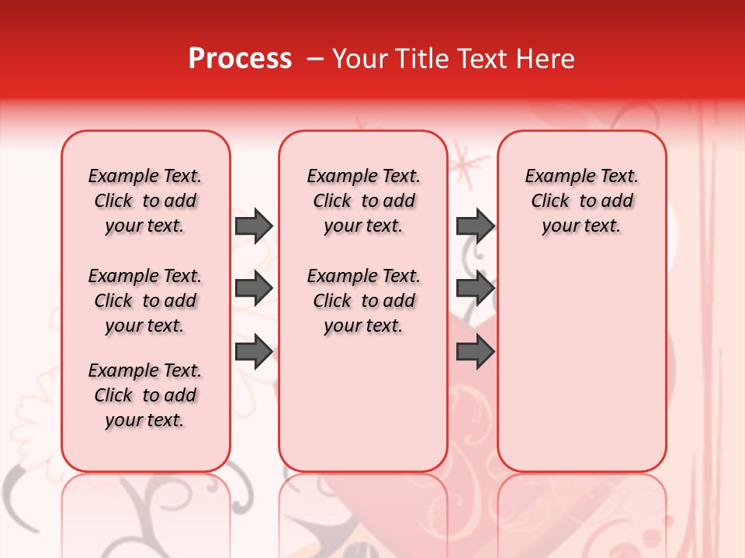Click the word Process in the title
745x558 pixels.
click(x=240, y=59)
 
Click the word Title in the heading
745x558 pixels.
click(x=425, y=59)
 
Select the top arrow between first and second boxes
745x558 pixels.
click(x=254, y=226)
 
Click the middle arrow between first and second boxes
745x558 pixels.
click(x=254, y=288)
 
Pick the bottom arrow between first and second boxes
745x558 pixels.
click(x=254, y=351)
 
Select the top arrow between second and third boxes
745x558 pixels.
click(x=475, y=226)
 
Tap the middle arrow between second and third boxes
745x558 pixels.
click(x=475, y=288)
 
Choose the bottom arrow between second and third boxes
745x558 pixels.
click(x=475, y=351)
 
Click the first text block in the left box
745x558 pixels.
click(x=145, y=201)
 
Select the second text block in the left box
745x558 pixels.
click(x=145, y=301)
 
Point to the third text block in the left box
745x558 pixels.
click(x=145, y=395)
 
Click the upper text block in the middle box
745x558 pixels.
click(x=363, y=201)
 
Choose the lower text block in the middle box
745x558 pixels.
click(x=363, y=301)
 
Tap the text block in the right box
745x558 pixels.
click(x=582, y=201)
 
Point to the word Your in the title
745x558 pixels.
click(x=359, y=59)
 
